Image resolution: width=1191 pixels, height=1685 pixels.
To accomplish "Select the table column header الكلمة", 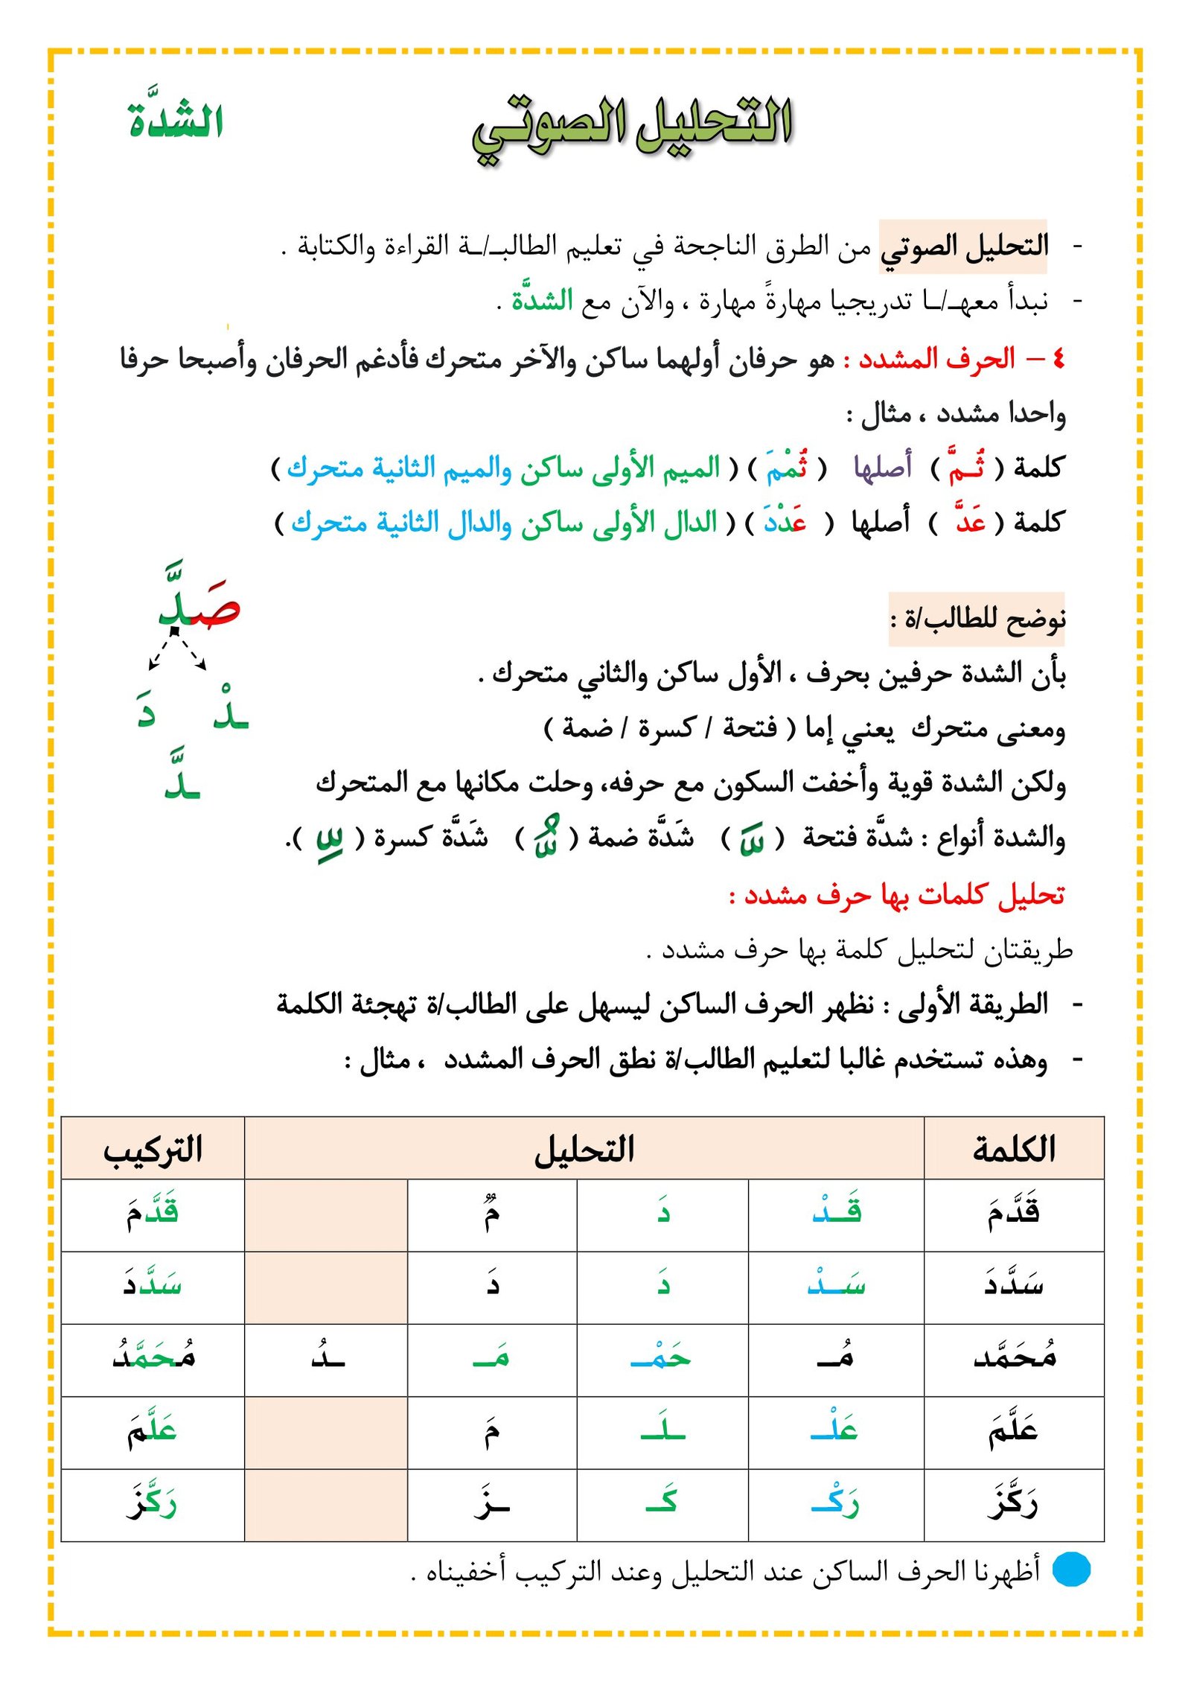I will pos(1014,1149).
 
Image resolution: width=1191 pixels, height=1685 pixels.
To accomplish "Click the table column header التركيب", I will pos(153,1149).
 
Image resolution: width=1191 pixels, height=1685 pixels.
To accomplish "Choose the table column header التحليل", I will pos(584,1149).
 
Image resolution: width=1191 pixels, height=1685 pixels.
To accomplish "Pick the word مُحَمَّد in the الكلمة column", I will pos(1014,1357).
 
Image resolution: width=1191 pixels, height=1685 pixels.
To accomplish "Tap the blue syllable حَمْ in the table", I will pos(661,1358).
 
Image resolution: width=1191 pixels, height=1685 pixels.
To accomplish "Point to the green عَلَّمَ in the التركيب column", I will pos(152,1430).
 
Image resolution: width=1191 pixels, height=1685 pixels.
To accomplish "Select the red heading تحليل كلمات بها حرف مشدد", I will pos(897,894).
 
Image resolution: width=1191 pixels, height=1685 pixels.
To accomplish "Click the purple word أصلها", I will pos(883,468).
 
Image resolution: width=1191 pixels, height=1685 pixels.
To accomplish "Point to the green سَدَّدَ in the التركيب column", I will pos(153,1284).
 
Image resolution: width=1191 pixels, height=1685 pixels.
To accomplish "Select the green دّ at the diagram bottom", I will pos(182,778).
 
